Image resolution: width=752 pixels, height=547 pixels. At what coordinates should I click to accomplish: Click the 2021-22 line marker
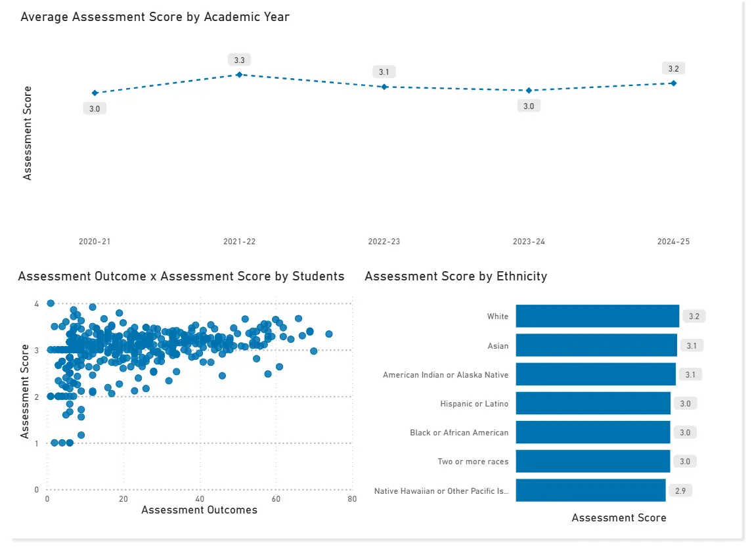point(240,75)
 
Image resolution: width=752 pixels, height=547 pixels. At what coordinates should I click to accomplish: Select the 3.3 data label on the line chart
point(240,60)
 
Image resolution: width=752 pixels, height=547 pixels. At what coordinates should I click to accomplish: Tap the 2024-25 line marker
point(673,83)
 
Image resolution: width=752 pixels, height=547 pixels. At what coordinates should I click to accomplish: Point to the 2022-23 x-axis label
point(384,242)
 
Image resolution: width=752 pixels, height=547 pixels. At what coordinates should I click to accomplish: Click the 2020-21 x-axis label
point(95,242)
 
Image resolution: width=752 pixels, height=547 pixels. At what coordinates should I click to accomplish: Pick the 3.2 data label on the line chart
point(673,69)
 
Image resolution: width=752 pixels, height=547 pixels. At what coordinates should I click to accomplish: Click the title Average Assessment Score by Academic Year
point(155,17)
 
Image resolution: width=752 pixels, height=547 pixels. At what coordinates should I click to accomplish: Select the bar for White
point(597,317)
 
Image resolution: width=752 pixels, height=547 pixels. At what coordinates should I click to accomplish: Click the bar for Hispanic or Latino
point(593,404)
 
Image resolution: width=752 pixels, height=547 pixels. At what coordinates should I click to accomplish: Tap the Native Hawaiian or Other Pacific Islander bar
point(590,491)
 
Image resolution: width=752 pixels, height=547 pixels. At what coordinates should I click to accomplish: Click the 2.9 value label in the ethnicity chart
point(680,491)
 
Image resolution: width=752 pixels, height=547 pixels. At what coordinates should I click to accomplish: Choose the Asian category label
point(498,345)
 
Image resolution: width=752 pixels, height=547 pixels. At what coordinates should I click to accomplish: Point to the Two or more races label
point(473,462)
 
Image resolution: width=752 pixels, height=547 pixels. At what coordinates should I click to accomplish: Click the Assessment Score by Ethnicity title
point(456,276)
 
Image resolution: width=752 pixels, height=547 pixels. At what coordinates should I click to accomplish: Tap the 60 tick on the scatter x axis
point(276,499)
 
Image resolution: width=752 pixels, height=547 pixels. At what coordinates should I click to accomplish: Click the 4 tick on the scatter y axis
point(37,303)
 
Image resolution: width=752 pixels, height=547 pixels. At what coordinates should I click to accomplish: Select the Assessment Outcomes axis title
point(199,510)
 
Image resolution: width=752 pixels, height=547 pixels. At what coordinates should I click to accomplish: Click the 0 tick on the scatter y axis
point(37,490)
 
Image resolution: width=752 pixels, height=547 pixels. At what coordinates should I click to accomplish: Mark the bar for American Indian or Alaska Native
point(596,374)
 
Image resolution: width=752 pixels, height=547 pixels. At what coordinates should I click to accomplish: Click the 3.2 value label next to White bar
point(694,317)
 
